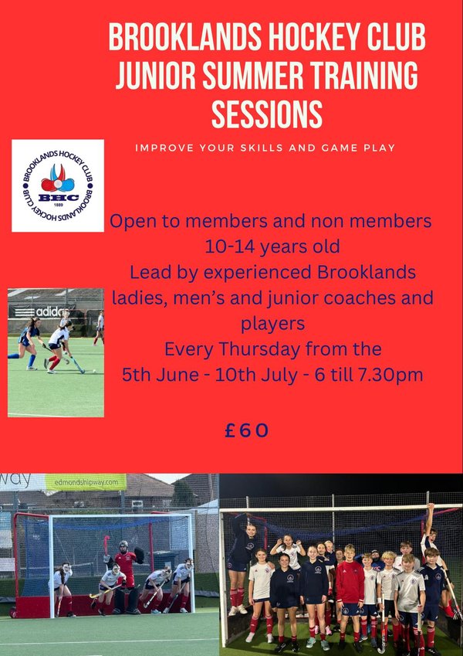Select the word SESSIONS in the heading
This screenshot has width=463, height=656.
pyautogui.click(x=267, y=114)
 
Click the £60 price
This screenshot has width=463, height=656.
pyautogui.click(x=246, y=430)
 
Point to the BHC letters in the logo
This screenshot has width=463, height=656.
pyautogui.click(x=58, y=198)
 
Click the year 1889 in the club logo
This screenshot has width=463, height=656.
pyautogui.click(x=58, y=206)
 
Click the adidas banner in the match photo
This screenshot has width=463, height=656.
pyautogui.click(x=42, y=311)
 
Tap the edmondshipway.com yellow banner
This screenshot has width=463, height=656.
pyautogui.click(x=86, y=482)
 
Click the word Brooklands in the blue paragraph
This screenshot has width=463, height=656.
pyautogui.click(x=366, y=272)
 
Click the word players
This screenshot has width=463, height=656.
pyautogui.click(x=272, y=325)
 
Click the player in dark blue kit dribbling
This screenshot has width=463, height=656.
pyautogui.click(x=28, y=343)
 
